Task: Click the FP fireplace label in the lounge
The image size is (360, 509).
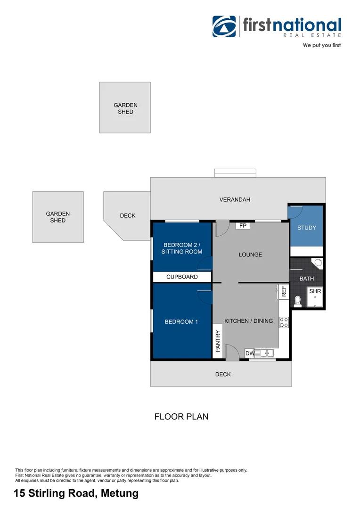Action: pos(243,226)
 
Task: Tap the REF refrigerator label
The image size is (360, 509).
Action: pos(284,291)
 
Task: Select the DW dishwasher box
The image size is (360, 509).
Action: pos(250,353)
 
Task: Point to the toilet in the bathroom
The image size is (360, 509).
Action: pos(297,300)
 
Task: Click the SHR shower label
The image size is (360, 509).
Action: pos(315,291)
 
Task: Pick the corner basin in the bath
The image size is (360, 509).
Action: pos(318,263)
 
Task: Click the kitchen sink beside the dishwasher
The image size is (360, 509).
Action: pos(266,353)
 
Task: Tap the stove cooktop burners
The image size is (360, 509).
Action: pos(284,322)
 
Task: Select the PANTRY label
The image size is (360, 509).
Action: pos(218,341)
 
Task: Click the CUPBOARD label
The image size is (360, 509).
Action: pos(182,277)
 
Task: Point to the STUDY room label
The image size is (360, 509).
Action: pos(306,228)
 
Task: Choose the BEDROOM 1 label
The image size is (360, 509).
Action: pos(181,322)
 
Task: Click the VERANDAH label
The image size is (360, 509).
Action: pos(235,200)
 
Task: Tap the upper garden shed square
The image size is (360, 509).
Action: pos(125,107)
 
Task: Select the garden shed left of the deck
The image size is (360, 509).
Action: pos(58,217)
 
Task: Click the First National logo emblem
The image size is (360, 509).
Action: pos(224,26)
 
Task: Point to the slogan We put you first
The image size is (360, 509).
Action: pos(321,46)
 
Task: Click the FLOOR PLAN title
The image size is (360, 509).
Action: pos(181,417)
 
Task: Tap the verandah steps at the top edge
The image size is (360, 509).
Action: pos(235,173)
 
